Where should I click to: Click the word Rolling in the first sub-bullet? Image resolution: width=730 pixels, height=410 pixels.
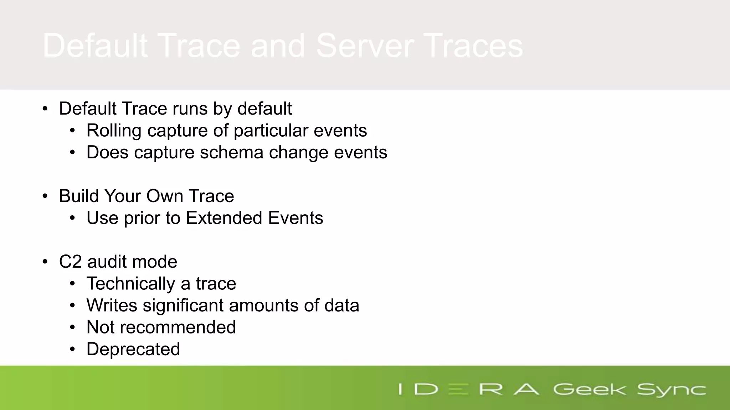(114, 131)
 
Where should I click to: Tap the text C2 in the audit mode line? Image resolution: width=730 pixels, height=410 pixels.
(70, 262)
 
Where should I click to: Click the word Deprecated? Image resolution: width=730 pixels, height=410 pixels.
(133, 349)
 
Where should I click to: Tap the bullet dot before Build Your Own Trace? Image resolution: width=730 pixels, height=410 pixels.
(45, 196)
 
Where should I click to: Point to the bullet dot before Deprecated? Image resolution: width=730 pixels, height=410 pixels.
(72, 349)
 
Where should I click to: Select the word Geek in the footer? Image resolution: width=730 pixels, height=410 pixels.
(589, 389)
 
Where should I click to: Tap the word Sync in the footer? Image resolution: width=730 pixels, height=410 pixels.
(671, 390)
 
